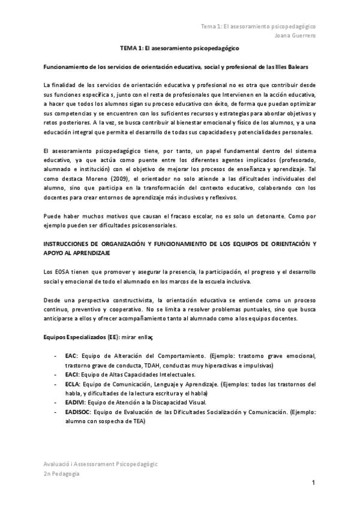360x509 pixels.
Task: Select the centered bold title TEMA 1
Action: [x=180, y=47]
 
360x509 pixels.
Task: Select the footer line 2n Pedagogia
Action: [x=61, y=474]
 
